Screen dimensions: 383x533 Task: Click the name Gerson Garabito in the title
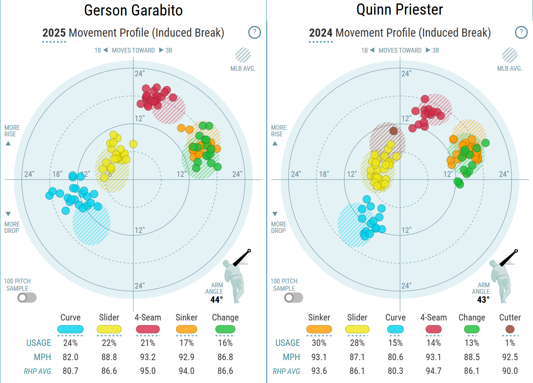(133, 10)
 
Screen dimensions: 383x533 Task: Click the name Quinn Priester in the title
(400, 10)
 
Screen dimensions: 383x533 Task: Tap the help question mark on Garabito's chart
(255, 32)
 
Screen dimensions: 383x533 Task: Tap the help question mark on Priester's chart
(521, 32)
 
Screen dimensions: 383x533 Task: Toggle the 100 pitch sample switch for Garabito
(27, 298)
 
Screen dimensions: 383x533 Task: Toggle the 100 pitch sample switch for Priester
(294, 298)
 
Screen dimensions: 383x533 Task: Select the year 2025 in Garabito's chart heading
(54, 33)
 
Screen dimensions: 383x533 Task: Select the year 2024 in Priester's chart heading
(321, 33)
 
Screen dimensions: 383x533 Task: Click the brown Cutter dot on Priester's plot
(393, 130)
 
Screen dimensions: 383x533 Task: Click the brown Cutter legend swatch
(510, 330)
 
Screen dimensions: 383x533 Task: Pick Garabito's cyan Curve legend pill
(70, 330)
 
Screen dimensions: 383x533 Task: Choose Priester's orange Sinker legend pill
(319, 330)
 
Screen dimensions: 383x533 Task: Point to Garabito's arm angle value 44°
(217, 300)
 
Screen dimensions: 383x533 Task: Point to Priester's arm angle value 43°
(483, 300)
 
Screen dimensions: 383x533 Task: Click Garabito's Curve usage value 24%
(70, 343)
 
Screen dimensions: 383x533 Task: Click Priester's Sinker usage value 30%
(319, 343)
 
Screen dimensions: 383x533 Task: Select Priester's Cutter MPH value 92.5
(510, 358)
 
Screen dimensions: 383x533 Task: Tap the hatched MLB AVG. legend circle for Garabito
(243, 55)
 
